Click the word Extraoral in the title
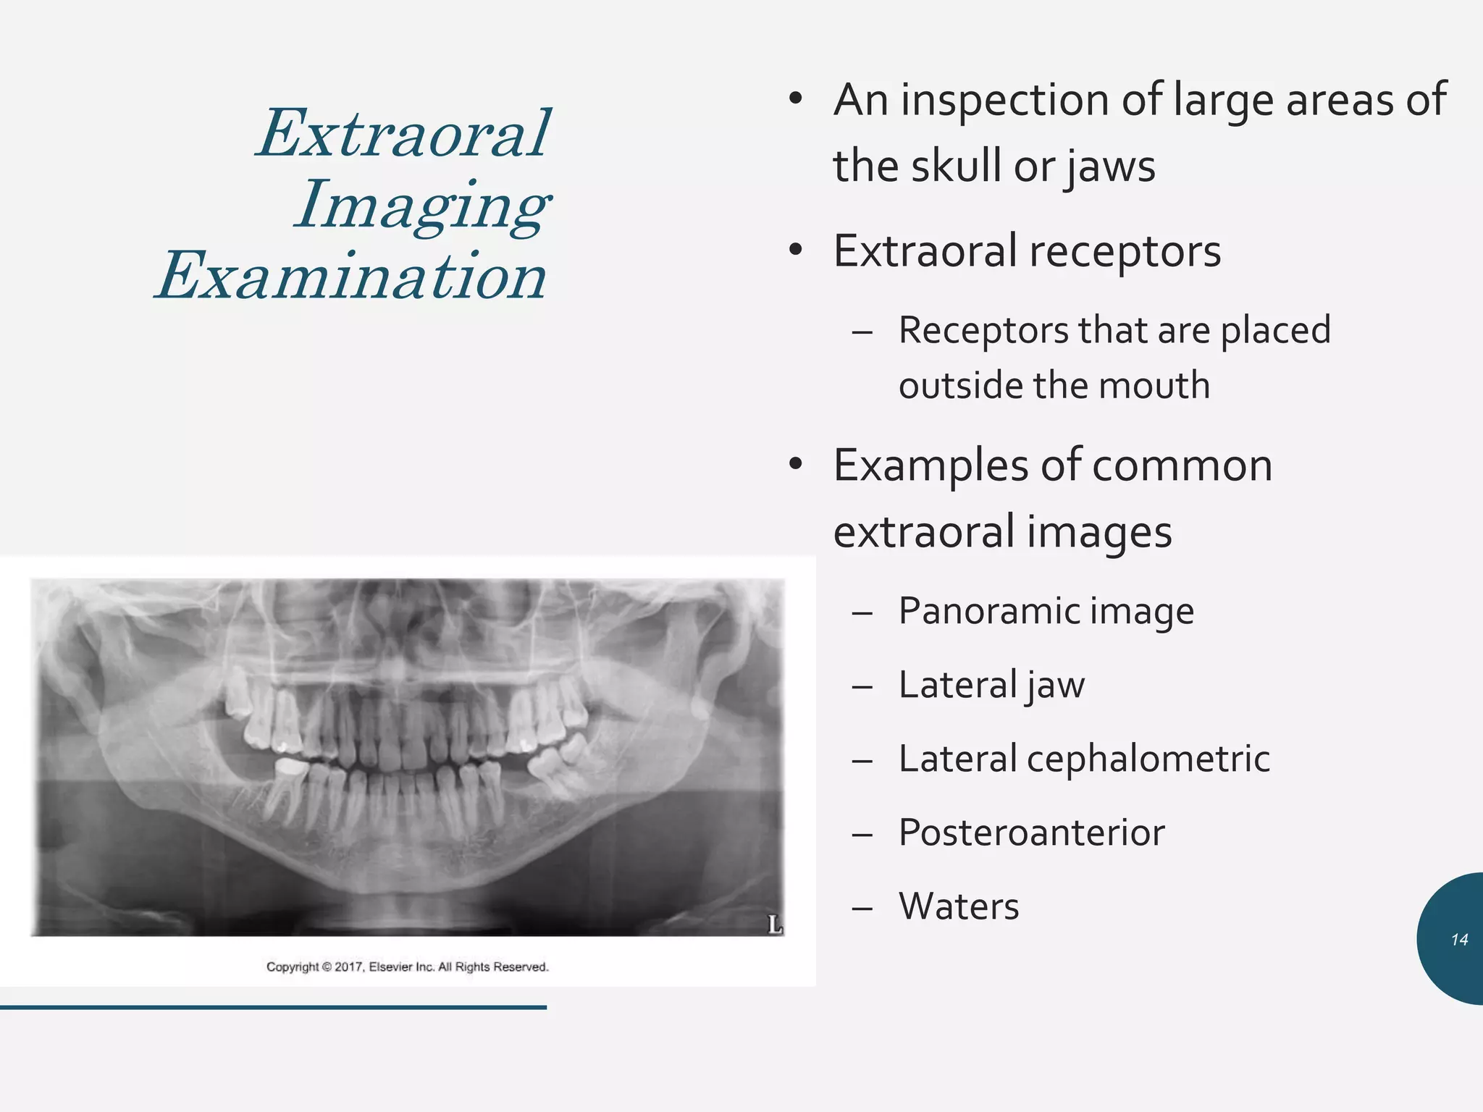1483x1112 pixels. pos(404,133)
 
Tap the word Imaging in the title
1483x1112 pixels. pos(422,206)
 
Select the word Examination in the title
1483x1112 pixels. pos(352,277)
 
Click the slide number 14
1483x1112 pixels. pos(1459,940)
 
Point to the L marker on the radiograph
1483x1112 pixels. pos(774,924)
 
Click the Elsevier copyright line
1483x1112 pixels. pos(407,966)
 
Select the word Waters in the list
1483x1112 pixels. pos(958,906)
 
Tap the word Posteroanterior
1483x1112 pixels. pos(1031,833)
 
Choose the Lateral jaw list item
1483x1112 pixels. pos(991,685)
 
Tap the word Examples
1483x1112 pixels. pos(930,466)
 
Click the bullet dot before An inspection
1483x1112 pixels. pos(796,100)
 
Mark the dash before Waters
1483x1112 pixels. pos(862,908)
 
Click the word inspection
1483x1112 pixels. pos(1004,100)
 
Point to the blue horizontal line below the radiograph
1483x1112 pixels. pos(273,1007)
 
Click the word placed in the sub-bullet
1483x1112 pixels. pos(1275,331)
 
